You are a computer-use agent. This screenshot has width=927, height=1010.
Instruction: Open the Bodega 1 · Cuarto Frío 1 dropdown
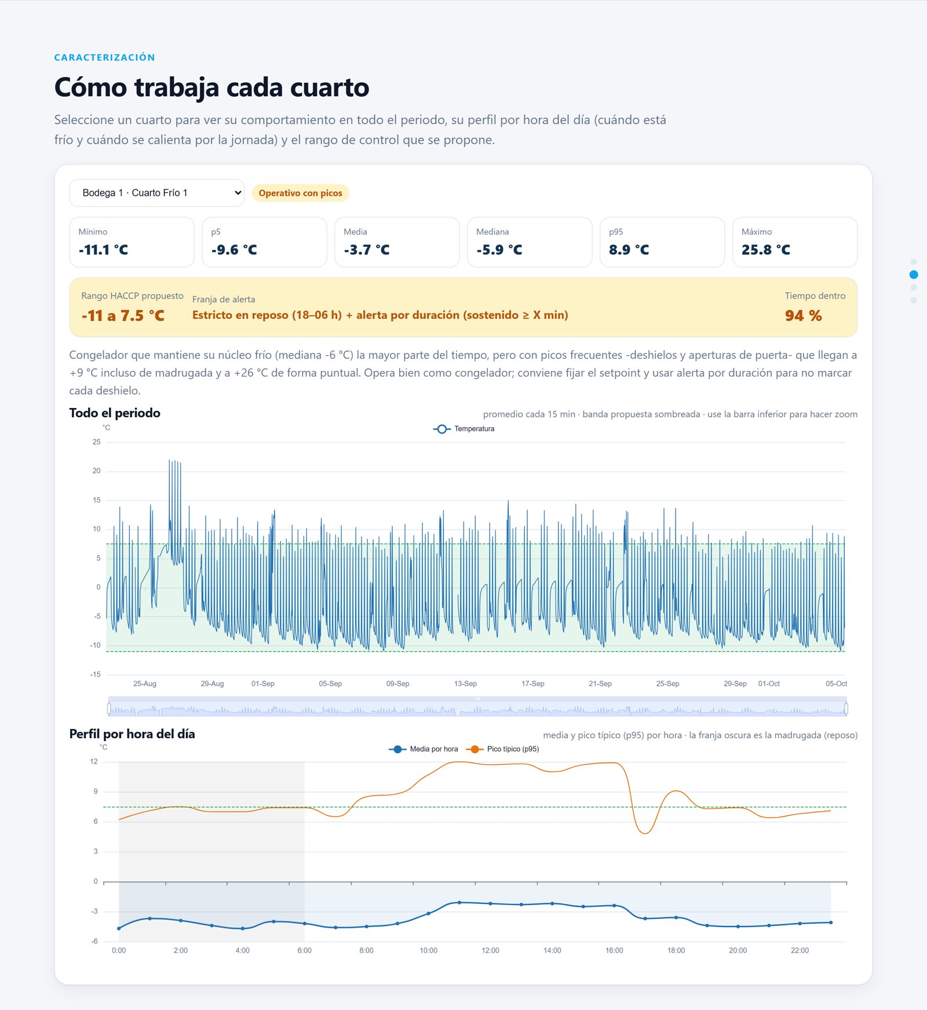[156, 193]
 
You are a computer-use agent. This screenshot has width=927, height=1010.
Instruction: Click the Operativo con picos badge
[300, 193]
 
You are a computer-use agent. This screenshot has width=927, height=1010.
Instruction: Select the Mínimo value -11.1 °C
[103, 250]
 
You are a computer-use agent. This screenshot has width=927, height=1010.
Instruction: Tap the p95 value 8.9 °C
[629, 250]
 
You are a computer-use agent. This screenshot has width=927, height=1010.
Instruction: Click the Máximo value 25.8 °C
[765, 250]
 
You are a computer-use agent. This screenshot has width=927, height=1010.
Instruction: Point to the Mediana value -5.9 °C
[499, 250]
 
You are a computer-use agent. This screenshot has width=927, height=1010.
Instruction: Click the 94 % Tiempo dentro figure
[803, 316]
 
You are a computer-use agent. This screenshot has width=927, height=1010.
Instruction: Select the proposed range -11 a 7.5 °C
[123, 316]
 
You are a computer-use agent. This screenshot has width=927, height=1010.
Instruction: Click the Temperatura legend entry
[463, 429]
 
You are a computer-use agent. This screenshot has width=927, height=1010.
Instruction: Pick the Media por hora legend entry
[424, 749]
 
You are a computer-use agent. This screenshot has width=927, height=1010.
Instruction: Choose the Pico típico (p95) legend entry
[503, 749]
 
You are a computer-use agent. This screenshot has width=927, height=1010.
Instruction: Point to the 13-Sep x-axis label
[465, 684]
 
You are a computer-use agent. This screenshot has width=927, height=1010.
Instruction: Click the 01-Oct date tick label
[769, 684]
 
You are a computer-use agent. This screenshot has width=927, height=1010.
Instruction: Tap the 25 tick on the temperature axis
[96, 442]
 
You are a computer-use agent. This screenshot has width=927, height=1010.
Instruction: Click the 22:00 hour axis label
[800, 950]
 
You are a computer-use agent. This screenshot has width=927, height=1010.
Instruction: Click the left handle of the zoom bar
[109, 708]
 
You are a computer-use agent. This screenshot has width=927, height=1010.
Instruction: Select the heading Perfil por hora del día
[132, 734]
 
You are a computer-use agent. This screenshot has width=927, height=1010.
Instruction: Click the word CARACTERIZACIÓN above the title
[104, 57]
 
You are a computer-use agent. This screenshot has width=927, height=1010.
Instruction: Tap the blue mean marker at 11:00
[459, 902]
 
